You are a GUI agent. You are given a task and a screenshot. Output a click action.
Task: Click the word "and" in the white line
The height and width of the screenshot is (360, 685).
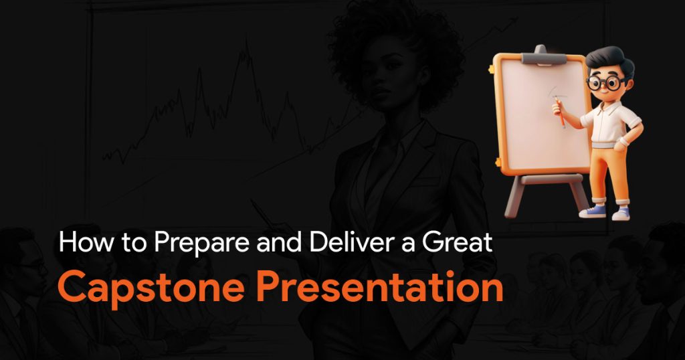pos(279,242)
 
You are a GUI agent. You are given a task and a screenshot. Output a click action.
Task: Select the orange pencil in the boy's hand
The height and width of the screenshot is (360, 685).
pos(560,112)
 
